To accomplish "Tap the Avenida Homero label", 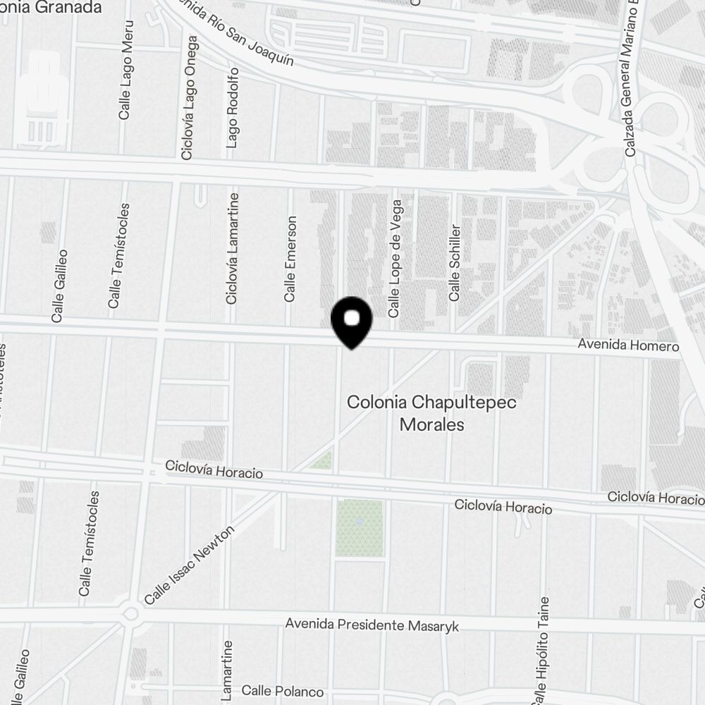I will (627, 346).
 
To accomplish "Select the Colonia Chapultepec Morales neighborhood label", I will (431, 413).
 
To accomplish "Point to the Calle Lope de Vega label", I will (395, 258).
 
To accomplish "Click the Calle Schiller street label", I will (455, 262).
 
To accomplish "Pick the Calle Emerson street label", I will (290, 259).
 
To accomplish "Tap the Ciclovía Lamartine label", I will (232, 248).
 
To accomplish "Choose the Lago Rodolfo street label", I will (233, 108).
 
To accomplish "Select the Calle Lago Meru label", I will (126, 79).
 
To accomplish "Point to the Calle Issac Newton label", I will (188, 566).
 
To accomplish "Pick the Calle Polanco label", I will (282, 692).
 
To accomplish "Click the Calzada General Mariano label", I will (630, 78).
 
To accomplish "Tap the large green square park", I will (359, 527).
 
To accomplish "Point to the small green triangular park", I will (323, 462).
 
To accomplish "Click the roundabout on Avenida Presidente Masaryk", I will (130, 613).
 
